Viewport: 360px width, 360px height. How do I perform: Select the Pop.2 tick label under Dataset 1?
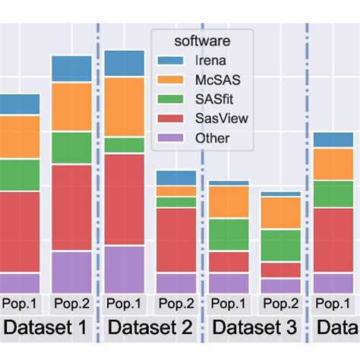[x=71, y=304]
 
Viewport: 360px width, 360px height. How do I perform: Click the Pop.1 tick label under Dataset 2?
[x=124, y=304]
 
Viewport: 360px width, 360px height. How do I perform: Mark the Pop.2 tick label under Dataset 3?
[x=280, y=304]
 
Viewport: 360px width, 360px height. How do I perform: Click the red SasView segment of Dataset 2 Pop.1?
[x=124, y=199]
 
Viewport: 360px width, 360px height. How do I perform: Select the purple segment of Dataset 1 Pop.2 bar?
[x=71, y=271]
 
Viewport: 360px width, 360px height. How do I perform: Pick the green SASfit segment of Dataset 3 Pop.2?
[x=280, y=245]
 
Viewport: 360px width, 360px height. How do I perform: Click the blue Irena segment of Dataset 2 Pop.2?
[x=176, y=178]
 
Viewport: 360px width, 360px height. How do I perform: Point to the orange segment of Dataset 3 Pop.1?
[x=229, y=202]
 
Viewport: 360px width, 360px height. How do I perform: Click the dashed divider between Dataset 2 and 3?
[x=203, y=190]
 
